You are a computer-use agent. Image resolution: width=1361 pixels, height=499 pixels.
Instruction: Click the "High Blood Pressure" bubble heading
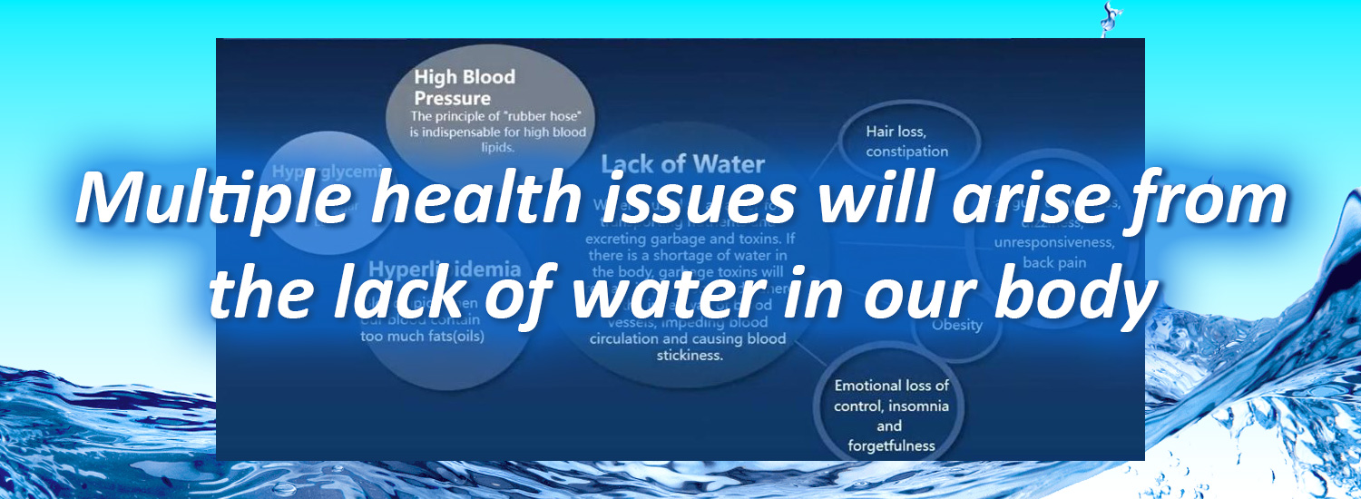[464, 87]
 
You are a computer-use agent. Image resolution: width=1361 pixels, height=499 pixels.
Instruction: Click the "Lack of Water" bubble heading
[682, 164]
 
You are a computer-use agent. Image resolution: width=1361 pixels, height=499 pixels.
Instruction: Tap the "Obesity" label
[956, 325]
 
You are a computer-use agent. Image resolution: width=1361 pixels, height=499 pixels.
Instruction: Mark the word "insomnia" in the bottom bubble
[918, 406]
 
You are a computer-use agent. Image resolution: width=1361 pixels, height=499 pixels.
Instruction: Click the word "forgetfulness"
[890, 445]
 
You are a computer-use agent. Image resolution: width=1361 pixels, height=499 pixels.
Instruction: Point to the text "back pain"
[1053, 263]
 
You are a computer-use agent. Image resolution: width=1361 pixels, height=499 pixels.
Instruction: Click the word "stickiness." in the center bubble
[689, 356]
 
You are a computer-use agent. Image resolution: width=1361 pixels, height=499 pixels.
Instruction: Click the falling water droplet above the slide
[1107, 16]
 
